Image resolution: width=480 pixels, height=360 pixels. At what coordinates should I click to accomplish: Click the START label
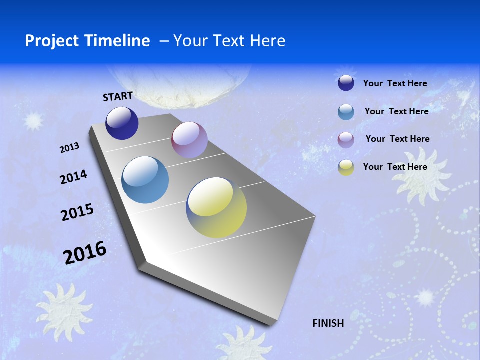point(118,96)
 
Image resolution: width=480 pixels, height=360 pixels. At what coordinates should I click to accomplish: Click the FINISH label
point(328,323)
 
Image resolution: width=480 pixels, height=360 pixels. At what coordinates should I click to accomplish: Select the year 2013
point(70,148)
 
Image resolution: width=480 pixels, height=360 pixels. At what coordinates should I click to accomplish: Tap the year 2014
point(73,177)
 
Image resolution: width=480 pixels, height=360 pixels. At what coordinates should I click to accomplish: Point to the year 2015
point(77,212)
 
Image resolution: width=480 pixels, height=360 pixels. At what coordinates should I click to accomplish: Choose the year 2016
point(85,252)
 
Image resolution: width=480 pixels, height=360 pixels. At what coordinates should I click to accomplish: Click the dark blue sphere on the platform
point(122,123)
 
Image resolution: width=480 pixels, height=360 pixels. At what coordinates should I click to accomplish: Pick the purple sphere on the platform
point(189,140)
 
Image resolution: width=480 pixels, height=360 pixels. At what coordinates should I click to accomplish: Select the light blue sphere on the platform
point(145,180)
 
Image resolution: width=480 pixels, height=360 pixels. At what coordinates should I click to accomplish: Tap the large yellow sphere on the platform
point(216,207)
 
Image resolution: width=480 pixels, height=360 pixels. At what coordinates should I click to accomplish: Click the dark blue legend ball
point(346,83)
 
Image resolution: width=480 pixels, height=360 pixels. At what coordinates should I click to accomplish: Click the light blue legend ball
point(346,112)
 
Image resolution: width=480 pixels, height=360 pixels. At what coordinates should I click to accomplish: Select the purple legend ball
point(346,140)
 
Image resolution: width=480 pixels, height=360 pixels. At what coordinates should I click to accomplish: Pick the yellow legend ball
point(346,167)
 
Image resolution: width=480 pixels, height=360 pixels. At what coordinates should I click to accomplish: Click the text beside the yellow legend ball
point(395,167)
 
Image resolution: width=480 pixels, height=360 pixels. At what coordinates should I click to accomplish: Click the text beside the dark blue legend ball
point(395,83)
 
